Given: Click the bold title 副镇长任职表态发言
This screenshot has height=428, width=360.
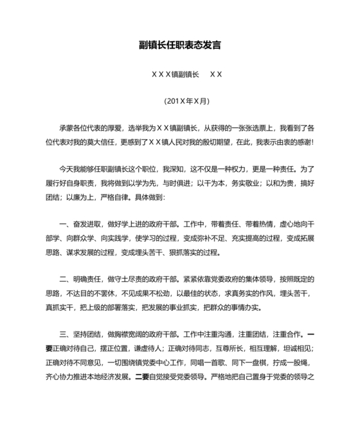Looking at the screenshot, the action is (180, 46).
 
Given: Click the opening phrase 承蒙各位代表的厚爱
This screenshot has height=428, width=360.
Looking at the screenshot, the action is (91, 129).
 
